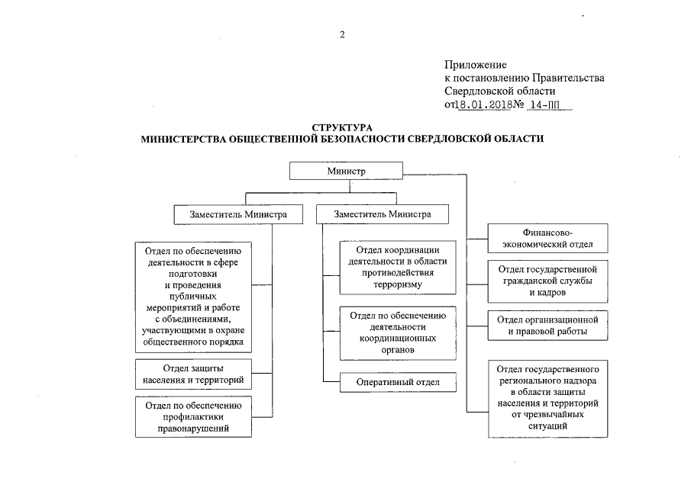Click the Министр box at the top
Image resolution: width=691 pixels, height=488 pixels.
pos(346,171)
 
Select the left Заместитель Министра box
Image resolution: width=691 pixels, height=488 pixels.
pos(238,214)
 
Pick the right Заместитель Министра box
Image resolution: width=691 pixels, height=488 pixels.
pos(382,214)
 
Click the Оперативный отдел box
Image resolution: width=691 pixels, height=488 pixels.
pos(398,382)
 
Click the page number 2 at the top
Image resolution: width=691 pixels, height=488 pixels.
pos(343,34)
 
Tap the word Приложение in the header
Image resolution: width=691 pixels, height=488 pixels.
pos(476,65)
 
